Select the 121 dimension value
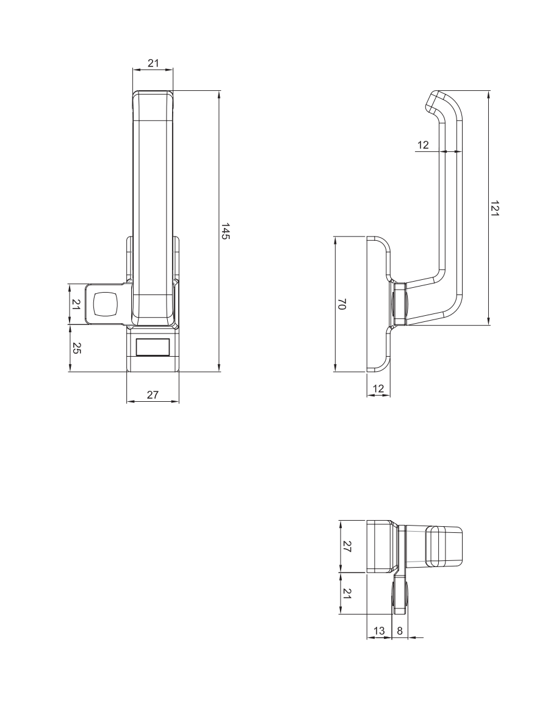click(x=494, y=209)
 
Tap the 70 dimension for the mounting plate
click(x=342, y=304)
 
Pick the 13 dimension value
click(x=379, y=631)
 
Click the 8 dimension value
click(x=400, y=631)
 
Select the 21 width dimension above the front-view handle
click(x=153, y=63)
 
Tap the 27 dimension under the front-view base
click(x=153, y=395)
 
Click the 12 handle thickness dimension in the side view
click(x=424, y=145)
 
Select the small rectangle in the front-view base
click(x=153, y=347)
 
